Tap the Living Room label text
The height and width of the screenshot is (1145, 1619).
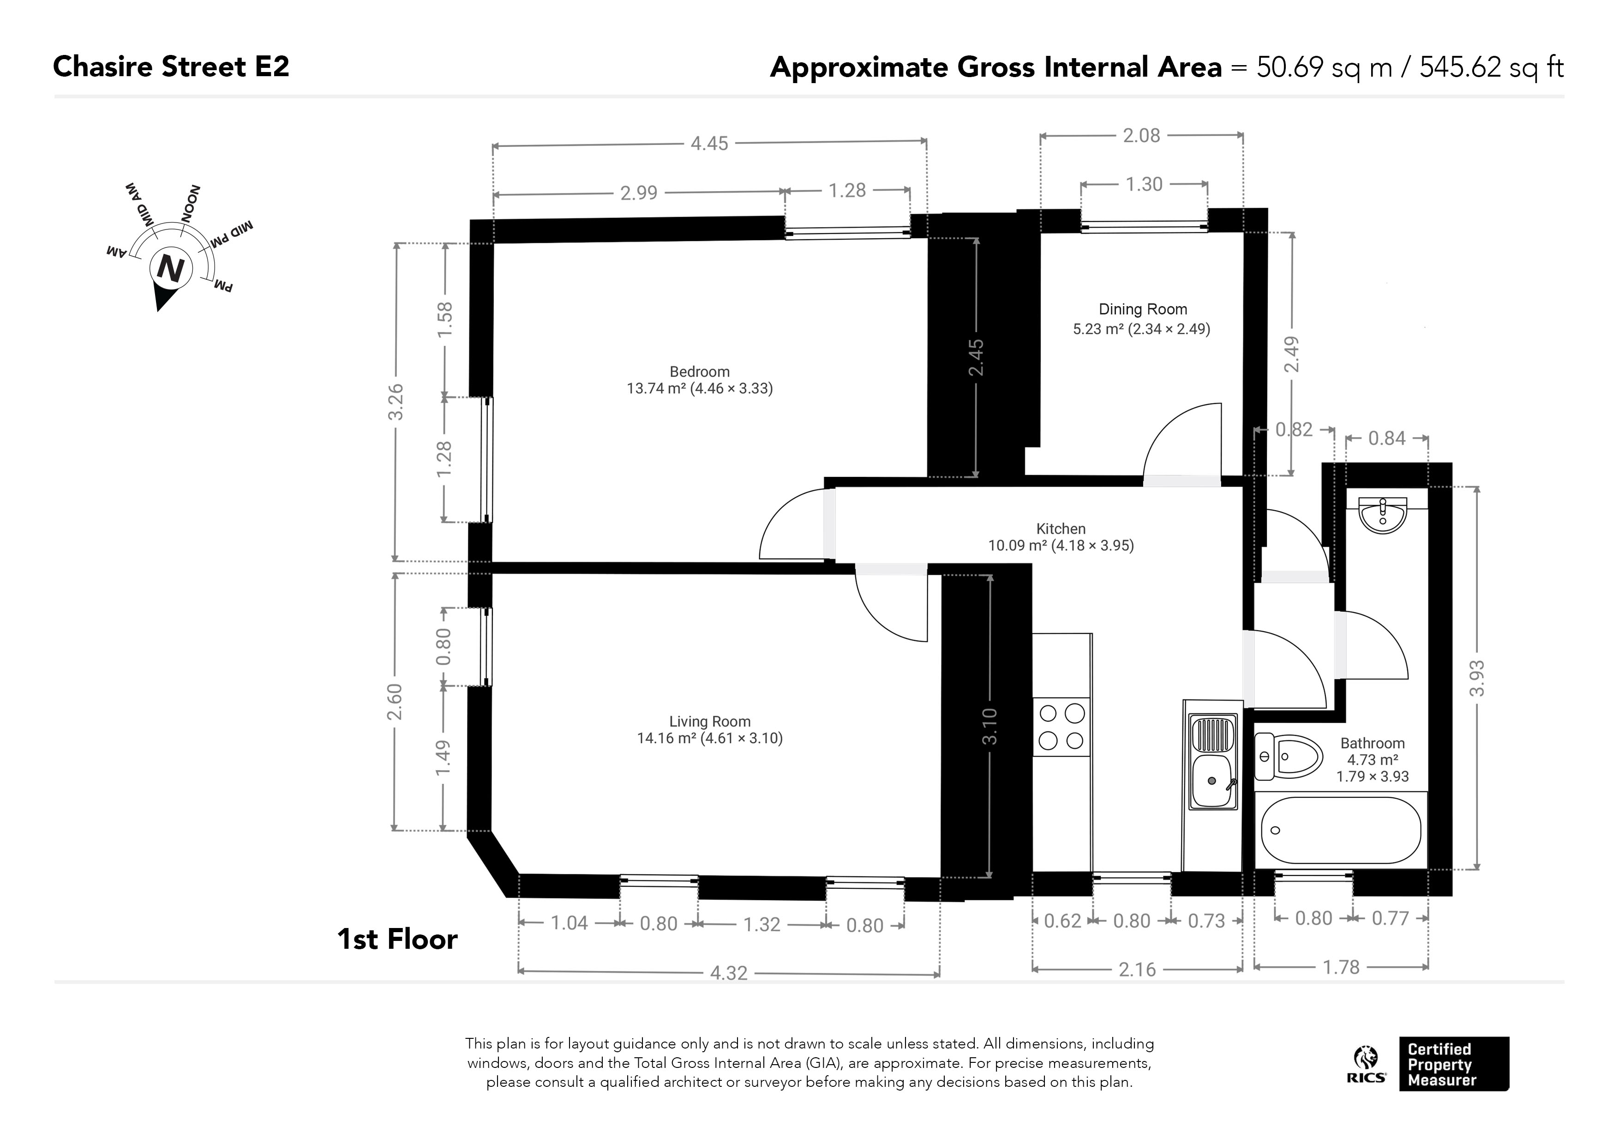pos(709,722)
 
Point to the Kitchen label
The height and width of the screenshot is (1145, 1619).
pos(1061,528)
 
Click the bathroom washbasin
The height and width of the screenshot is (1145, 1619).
pos(1383,514)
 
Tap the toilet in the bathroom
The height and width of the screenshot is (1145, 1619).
pos(1288,756)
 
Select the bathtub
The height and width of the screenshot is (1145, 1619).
pos(1341,830)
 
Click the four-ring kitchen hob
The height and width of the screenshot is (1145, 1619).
pos(1061,727)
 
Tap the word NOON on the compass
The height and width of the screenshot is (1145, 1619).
pos(191,203)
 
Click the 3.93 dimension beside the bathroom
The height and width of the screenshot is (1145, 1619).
pos(1476,678)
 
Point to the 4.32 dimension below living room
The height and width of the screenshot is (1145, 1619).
pos(728,973)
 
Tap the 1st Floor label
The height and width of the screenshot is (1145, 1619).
pos(397,940)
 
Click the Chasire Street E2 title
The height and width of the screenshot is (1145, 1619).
pos(171,67)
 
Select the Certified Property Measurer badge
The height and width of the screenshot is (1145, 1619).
pos(1454,1064)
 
